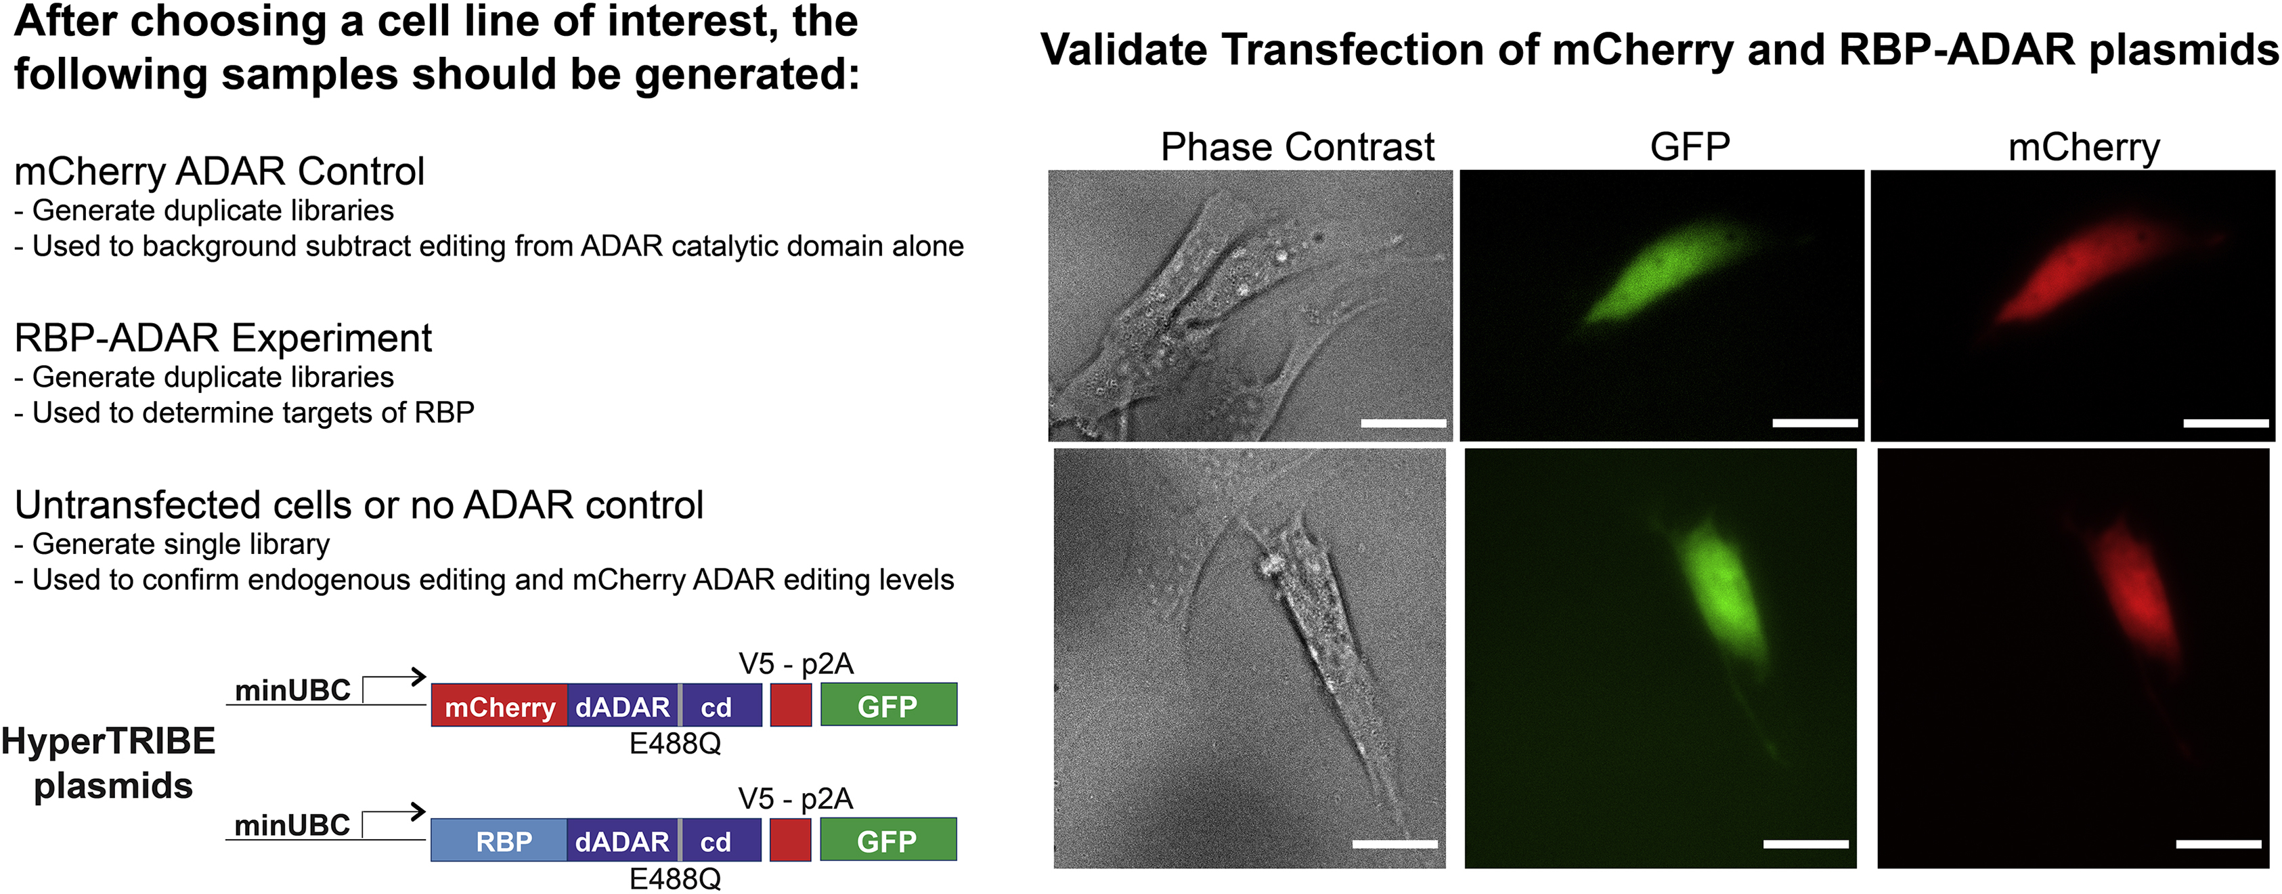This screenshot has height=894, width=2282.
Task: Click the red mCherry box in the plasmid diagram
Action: pyautogui.click(x=499, y=705)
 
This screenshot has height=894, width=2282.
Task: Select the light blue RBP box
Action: pyautogui.click(x=499, y=840)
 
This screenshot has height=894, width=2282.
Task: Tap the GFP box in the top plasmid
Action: pyautogui.click(x=889, y=705)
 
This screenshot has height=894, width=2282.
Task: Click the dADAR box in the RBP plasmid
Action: pyautogui.click(x=623, y=840)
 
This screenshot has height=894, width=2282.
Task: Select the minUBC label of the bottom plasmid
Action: pyautogui.click(x=292, y=825)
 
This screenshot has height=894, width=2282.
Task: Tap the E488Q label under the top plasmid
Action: pyautogui.click(x=675, y=744)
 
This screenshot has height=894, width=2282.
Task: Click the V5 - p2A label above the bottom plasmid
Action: pyautogui.click(x=795, y=799)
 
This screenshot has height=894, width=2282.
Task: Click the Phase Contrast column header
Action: pyautogui.click(x=1297, y=147)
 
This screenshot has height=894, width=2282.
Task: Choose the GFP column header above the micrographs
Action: pyautogui.click(x=1690, y=147)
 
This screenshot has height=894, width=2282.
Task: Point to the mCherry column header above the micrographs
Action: pyautogui.click(x=2084, y=148)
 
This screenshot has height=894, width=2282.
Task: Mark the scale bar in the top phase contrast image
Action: pyautogui.click(x=1403, y=423)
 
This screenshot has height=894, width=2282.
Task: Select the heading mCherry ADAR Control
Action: pyautogui.click(x=220, y=171)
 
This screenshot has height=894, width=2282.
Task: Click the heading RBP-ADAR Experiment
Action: pyautogui.click(x=223, y=337)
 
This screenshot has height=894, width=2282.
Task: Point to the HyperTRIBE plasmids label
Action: pyautogui.click(x=109, y=763)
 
